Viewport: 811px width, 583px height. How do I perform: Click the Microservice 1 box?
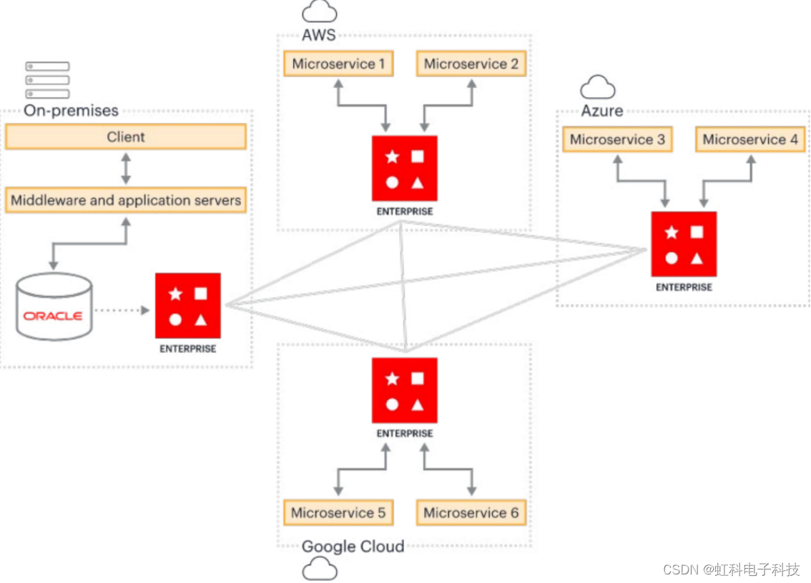point(338,64)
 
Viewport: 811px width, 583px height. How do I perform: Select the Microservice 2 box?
point(471,64)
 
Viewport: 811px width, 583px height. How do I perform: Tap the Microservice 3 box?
point(617,139)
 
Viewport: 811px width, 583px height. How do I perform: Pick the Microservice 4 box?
point(750,139)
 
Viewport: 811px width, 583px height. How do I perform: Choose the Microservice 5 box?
point(338,512)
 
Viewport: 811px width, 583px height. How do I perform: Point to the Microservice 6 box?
point(471,512)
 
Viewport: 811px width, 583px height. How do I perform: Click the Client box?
point(126,136)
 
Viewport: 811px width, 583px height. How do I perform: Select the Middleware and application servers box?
point(126,200)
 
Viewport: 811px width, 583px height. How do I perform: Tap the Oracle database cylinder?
point(54,307)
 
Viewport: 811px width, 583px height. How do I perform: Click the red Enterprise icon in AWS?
point(404,169)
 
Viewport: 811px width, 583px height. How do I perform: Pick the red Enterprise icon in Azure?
point(684,244)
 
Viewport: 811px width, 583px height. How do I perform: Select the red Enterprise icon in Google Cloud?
point(404,390)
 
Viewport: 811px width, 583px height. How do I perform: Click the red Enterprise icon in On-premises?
point(187,306)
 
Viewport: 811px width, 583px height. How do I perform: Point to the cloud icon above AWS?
point(319,11)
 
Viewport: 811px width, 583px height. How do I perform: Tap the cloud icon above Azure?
point(598,88)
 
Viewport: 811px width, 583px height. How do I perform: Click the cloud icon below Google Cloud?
point(319,569)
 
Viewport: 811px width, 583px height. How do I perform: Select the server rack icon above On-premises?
point(47,80)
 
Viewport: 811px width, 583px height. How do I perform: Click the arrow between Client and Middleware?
point(126,169)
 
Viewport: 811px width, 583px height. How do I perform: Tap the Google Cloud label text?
point(353,547)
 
